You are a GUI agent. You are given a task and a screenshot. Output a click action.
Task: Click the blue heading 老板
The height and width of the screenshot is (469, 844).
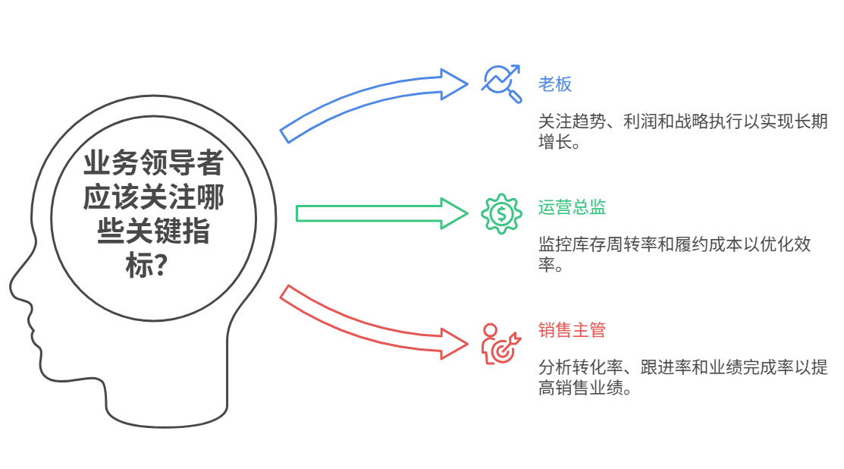(555, 84)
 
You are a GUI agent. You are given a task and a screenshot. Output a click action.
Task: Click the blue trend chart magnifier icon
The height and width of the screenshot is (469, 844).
(502, 83)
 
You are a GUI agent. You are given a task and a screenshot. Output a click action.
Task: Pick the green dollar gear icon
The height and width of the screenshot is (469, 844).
(501, 214)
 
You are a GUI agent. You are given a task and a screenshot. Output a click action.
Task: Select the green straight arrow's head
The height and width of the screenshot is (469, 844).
(453, 213)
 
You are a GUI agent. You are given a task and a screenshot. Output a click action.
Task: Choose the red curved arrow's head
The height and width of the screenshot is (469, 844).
(453, 342)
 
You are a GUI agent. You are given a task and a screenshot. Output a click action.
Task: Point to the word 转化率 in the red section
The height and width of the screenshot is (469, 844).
(589, 368)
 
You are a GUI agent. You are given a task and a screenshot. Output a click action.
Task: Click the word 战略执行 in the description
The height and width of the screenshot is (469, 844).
(715, 122)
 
